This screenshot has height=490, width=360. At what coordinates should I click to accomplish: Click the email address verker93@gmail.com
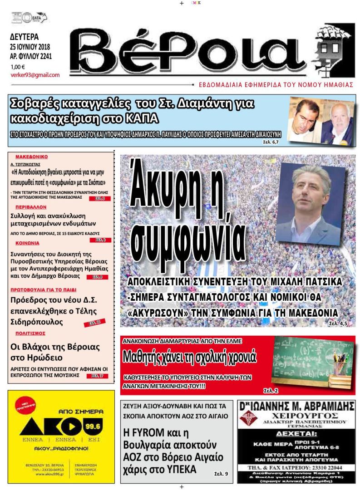click(35, 75)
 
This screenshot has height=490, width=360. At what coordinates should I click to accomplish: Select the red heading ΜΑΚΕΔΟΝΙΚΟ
click(31, 157)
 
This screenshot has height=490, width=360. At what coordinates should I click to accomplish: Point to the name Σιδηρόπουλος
click(37, 322)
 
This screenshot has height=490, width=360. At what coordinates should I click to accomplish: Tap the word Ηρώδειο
click(39, 358)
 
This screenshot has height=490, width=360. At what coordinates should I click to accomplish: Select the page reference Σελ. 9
click(221, 474)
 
